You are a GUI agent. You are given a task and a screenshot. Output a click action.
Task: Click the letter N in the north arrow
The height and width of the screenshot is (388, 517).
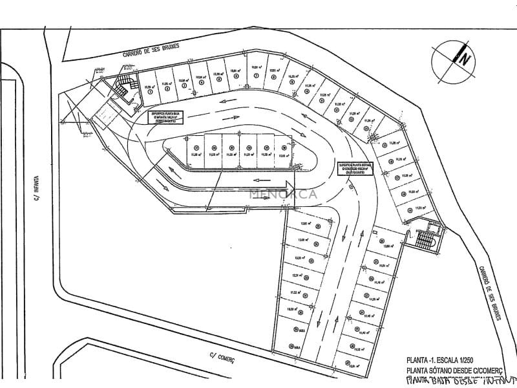pos(463,59)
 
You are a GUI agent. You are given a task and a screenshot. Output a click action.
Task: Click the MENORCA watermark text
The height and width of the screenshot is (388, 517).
pos(280,193)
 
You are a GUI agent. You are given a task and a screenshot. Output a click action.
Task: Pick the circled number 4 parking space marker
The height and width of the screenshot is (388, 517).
pos(202,82)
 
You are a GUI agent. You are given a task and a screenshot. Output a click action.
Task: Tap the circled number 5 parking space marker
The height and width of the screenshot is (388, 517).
pos(220,80)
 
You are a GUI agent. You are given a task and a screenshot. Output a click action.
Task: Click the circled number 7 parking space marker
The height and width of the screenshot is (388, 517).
pos(257,76)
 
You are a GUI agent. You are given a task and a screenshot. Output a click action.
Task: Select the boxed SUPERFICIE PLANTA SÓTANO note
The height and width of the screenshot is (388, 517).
pos(357,168)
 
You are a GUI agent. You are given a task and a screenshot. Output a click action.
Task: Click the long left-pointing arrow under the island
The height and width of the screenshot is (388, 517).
pos(258,180)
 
